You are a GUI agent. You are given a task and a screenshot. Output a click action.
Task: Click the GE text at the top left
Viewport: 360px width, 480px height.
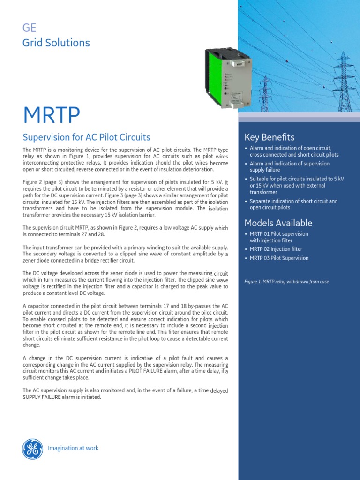(30, 28)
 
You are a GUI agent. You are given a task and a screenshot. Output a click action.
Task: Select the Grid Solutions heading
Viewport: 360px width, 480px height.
(56, 43)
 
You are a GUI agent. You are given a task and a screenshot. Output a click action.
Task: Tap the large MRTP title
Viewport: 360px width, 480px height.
(52, 114)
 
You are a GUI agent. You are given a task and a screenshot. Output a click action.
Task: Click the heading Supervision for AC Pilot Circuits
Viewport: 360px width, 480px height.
(86, 137)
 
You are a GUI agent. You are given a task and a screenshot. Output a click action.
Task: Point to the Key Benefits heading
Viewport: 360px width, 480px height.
(269, 137)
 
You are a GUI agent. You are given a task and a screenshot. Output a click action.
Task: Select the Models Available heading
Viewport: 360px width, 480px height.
(278, 223)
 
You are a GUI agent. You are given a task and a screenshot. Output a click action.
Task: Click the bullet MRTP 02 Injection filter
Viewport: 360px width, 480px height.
(276, 249)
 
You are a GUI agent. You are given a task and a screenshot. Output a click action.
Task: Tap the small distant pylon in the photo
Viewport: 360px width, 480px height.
(266, 91)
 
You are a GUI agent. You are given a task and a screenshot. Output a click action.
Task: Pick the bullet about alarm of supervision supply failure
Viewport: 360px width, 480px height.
(289, 167)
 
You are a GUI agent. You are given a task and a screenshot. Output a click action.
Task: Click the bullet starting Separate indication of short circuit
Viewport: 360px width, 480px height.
(293, 204)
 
